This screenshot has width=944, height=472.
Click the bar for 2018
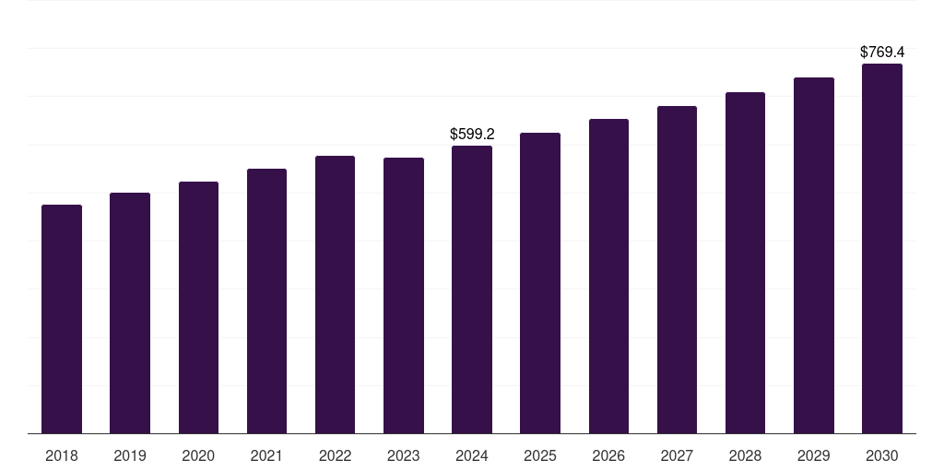[62, 319]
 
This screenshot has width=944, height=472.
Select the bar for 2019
[130, 313]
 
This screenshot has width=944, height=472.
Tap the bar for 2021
[266, 301]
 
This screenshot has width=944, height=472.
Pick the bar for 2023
[404, 296]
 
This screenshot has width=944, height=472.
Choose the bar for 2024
[472, 289]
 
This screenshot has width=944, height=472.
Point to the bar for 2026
[608, 277]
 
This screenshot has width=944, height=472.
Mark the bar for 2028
[745, 263]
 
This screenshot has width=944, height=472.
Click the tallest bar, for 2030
[882, 249]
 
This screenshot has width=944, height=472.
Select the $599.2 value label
[472, 135]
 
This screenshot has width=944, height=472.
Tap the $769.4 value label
[882, 53]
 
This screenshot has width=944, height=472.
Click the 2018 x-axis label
[62, 455]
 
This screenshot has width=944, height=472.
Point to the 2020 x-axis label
[198, 455]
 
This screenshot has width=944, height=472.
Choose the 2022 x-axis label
[335, 455]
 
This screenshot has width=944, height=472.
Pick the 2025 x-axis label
[540, 455]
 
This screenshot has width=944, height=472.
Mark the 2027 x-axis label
[677, 455]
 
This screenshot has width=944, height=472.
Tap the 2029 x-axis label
[813, 455]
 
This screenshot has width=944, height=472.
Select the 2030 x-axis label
[882, 455]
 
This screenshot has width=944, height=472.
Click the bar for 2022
[335, 295]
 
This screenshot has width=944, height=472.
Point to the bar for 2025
[540, 283]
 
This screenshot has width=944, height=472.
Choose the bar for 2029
[813, 256]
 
